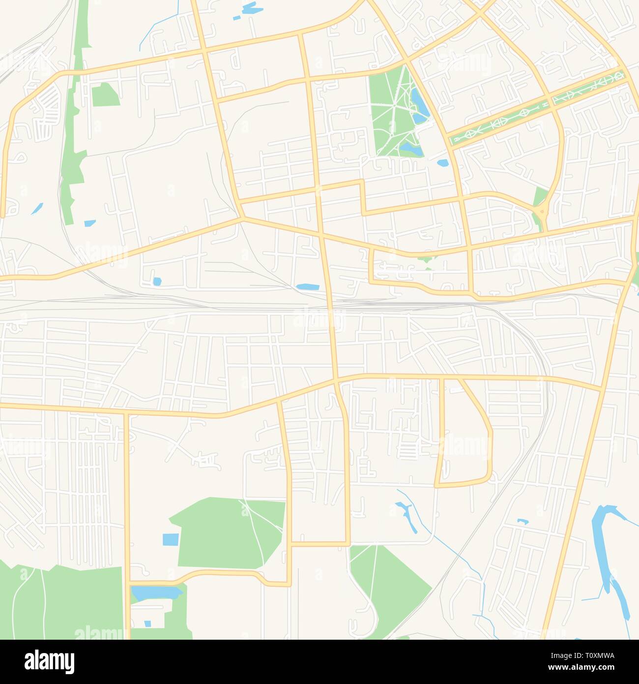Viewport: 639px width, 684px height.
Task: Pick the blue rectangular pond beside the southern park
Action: [x=171, y=539]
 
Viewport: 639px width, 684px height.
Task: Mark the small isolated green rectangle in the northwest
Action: [x=105, y=94]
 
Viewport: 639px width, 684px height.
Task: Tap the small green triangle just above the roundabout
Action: [x=539, y=197]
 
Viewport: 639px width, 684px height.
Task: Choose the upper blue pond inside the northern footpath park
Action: [x=419, y=101]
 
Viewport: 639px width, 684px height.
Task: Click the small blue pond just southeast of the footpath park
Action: [x=442, y=162]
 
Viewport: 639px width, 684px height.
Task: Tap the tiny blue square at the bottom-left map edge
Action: [x=147, y=623]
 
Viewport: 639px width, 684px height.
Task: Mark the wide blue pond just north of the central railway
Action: [x=308, y=286]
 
